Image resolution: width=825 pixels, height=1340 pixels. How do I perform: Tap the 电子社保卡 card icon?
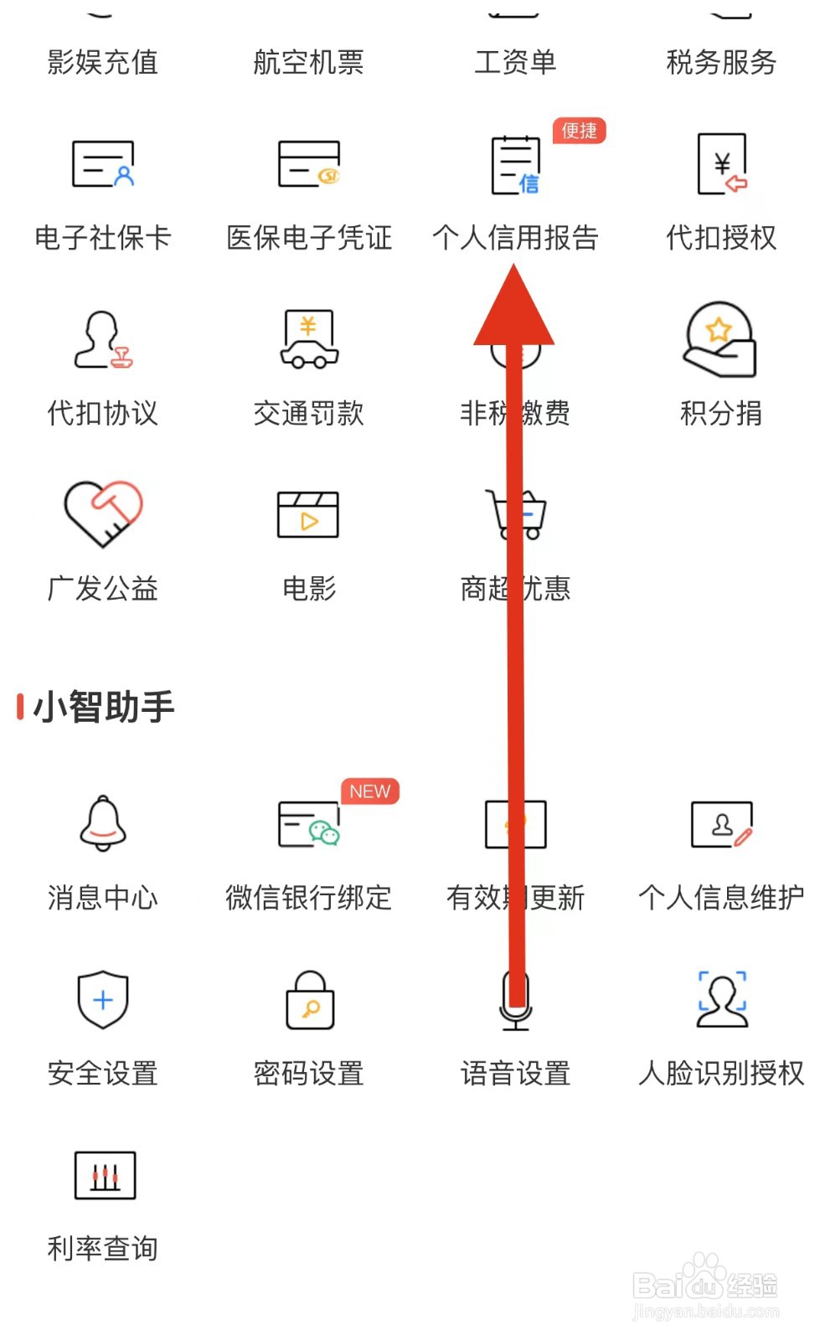pyautogui.click(x=103, y=164)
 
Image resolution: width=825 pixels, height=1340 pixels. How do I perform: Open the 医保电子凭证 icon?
pyautogui.click(x=309, y=164)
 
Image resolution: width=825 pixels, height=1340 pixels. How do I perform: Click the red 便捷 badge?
pyautogui.click(x=579, y=131)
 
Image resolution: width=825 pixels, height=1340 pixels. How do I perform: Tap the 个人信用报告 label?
pyautogui.click(x=515, y=238)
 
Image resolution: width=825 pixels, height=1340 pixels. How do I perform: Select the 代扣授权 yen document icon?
pyautogui.click(x=722, y=164)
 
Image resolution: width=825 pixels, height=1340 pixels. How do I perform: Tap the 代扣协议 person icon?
pyautogui.click(x=103, y=339)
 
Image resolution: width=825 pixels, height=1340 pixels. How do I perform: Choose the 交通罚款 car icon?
pyautogui.click(x=309, y=339)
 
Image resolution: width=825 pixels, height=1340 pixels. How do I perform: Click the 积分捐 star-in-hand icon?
pyautogui.click(x=720, y=339)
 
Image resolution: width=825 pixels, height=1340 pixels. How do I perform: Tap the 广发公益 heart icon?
pyautogui.click(x=103, y=513)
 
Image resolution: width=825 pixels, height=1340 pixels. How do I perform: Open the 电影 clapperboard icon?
pyautogui.click(x=308, y=514)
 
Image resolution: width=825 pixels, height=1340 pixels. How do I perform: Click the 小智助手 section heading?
pyautogui.click(x=103, y=707)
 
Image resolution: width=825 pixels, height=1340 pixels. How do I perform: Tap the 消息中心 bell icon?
pyautogui.click(x=103, y=824)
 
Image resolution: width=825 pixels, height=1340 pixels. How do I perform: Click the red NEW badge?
pyautogui.click(x=369, y=791)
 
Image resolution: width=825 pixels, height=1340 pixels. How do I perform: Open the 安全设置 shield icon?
pyautogui.click(x=103, y=999)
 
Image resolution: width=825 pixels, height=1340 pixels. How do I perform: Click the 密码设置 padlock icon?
pyautogui.click(x=310, y=999)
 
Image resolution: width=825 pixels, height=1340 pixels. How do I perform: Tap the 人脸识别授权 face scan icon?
pyautogui.click(x=722, y=999)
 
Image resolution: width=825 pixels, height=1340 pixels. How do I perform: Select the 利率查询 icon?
pyautogui.click(x=105, y=1175)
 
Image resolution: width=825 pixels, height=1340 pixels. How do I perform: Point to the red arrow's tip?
pyautogui.click(x=514, y=266)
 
